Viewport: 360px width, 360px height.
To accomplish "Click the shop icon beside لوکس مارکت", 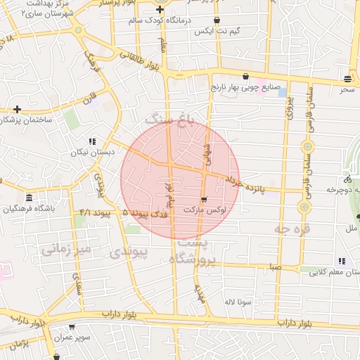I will (204, 199).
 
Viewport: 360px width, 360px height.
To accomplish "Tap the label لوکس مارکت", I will (204, 210).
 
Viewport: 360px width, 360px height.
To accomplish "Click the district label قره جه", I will (292, 230).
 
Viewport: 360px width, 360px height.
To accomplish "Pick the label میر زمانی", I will (66, 249).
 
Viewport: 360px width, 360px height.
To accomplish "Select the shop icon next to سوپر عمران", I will (72, 327).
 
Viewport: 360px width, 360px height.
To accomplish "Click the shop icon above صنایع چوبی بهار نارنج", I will (245, 77).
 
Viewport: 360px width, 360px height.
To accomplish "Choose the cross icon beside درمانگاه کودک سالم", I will (160, 10).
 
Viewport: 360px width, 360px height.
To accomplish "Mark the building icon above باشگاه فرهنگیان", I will (29, 198).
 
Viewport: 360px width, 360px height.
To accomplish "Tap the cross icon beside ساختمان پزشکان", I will (17, 109).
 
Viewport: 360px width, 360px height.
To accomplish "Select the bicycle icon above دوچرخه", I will (348, 179).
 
